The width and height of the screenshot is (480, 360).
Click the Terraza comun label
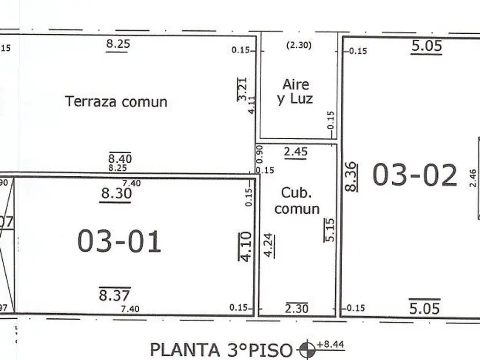pyautogui.click(x=116, y=101)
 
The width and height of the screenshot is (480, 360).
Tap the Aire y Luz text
pyautogui.click(x=295, y=91)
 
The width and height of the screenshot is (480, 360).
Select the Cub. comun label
pyautogui.click(x=297, y=201)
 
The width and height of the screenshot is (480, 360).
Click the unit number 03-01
pyautogui.click(x=119, y=241)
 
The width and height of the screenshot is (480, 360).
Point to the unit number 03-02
pyautogui.click(x=414, y=175)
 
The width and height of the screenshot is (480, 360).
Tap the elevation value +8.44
pyautogui.click(x=330, y=345)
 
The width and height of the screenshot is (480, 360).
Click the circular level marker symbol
pyautogui.click(x=307, y=349)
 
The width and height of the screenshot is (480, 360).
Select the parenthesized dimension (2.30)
pyautogui.click(x=298, y=46)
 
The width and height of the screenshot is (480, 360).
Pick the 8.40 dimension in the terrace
pyautogui.click(x=120, y=158)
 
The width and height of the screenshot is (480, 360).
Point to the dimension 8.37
pyautogui.click(x=115, y=295)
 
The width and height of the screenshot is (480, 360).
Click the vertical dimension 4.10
pyautogui.click(x=245, y=246)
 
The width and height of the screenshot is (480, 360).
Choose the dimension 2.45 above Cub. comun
pyautogui.click(x=295, y=151)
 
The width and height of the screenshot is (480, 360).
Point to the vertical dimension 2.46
pyautogui.click(x=472, y=178)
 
